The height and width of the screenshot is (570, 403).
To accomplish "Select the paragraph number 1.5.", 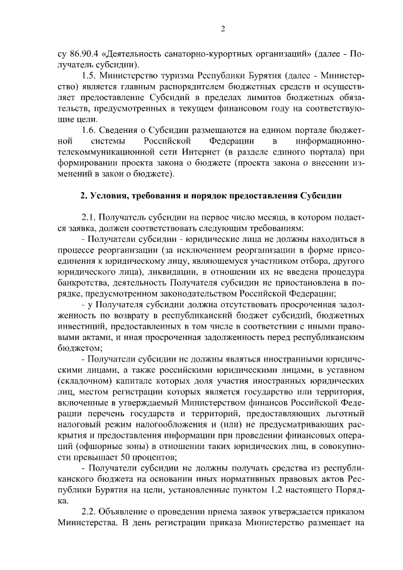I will (89, 75).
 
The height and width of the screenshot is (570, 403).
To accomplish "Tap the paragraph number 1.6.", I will (89, 130).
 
